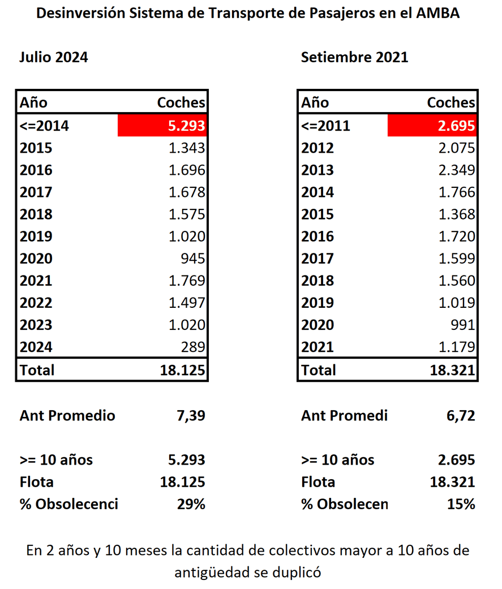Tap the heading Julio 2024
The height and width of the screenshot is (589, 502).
pyautogui.click(x=54, y=57)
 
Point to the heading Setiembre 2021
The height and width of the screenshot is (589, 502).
pyautogui.click(x=354, y=57)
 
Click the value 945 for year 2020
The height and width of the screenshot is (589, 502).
pyautogui.click(x=192, y=259)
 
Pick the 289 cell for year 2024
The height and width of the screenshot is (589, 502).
pyautogui.click(x=192, y=347)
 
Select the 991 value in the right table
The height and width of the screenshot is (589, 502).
pyautogui.click(x=462, y=325)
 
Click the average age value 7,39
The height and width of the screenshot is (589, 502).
pyautogui.click(x=191, y=416)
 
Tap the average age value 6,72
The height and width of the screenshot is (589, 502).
pyautogui.click(x=460, y=416)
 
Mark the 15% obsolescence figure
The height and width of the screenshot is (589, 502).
pyautogui.click(x=461, y=504)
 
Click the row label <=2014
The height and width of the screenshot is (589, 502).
pyautogui.click(x=44, y=126)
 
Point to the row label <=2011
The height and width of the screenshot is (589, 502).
pyautogui.click(x=325, y=126)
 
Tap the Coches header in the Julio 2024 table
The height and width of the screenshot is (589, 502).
pyautogui.click(x=181, y=103)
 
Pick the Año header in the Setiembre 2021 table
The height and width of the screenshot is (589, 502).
pyautogui.click(x=315, y=103)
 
